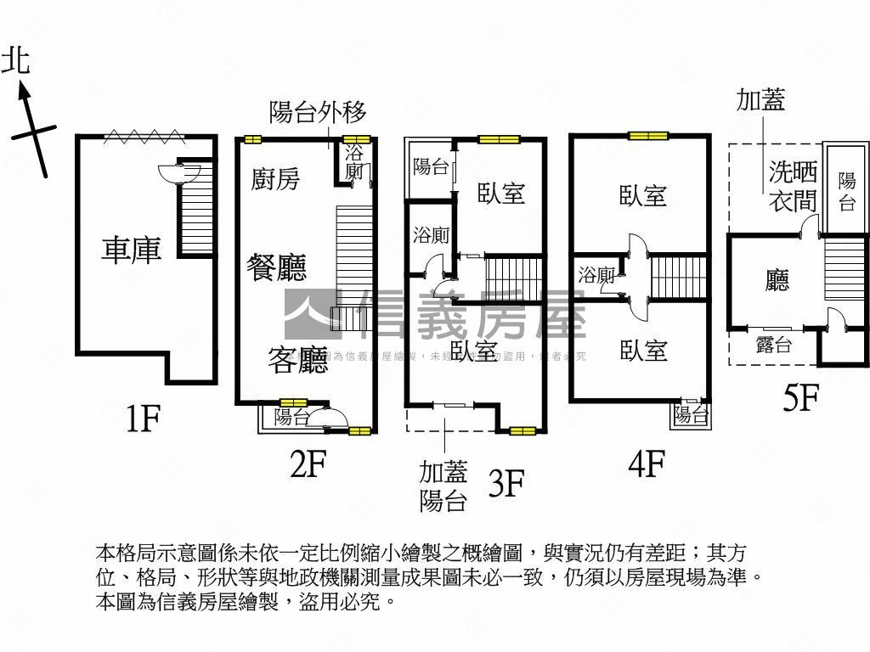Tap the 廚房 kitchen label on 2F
[276, 179]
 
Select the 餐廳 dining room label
[276, 267]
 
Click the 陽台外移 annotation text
[317, 112]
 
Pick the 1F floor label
[143, 419]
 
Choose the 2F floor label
[308, 464]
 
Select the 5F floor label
[799, 398]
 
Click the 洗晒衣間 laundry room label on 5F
[793, 187]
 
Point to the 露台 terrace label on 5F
[773, 346]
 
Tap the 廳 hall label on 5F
[777, 280]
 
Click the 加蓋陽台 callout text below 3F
[443, 486]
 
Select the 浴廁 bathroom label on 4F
[596, 275]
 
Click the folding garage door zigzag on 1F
[144, 136]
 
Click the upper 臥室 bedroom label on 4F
[642, 196]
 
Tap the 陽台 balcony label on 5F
[846, 191]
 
